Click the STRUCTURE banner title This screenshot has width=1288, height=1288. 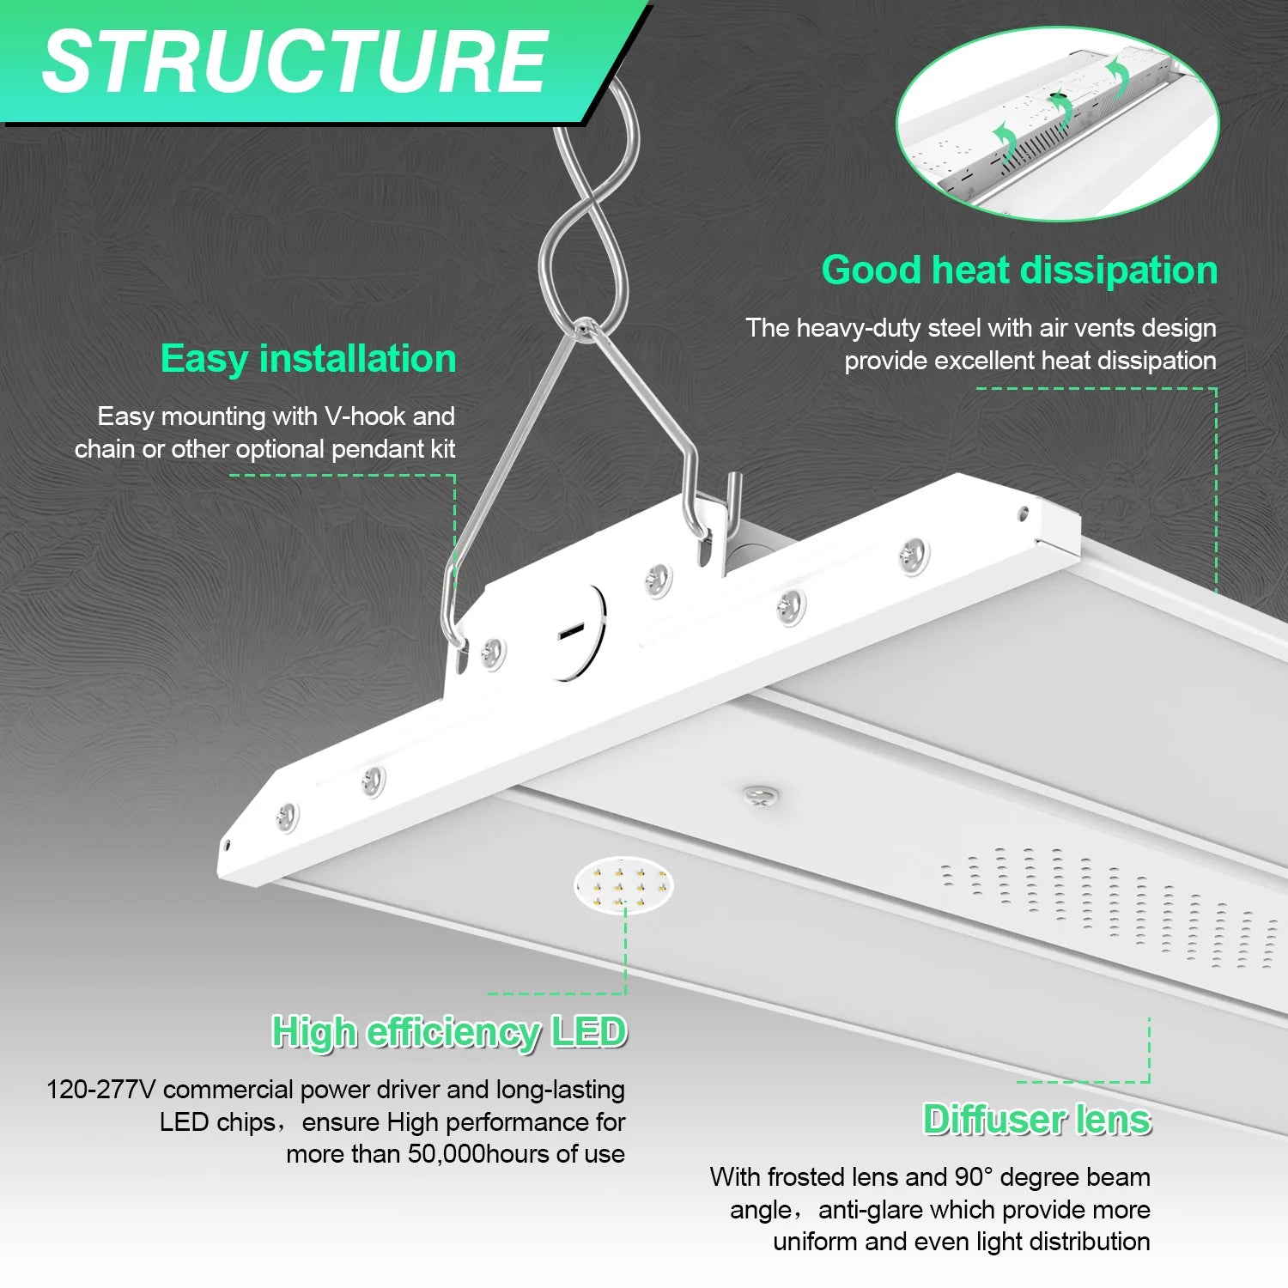pyautogui.click(x=295, y=62)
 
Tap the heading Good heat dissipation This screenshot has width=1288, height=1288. pyautogui.click(x=1019, y=270)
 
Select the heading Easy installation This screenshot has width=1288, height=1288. pyautogui.click(x=308, y=359)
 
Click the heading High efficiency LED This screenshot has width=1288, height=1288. pyautogui.click(x=449, y=1031)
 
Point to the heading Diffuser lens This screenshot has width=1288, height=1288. pyautogui.click(x=1036, y=1120)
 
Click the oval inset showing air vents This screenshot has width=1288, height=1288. pyautogui.click(x=1057, y=125)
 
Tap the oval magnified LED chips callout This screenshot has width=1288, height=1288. pyautogui.click(x=624, y=884)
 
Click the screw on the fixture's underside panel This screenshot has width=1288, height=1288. pyautogui.click(x=760, y=795)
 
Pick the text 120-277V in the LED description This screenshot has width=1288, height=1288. pyautogui.click(x=100, y=1090)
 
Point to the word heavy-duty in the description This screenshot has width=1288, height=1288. pyautogui.click(x=859, y=329)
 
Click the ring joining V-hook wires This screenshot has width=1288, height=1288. pyautogui.click(x=585, y=328)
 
